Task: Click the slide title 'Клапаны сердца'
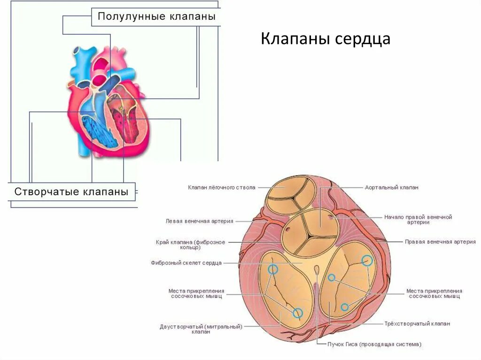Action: pos(326,39)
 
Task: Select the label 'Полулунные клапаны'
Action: pos(156,17)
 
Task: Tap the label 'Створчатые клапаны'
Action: pos(71,191)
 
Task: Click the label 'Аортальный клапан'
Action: pos(391,187)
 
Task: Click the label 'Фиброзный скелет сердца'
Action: pos(186,263)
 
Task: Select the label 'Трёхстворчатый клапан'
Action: pos(417,323)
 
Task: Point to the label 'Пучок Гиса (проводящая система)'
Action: pos(374,344)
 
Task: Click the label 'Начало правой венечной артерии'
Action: pos(418,220)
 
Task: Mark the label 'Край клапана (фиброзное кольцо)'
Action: pos(190,245)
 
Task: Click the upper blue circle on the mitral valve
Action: pos(273,269)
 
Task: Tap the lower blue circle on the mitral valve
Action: pos(297,313)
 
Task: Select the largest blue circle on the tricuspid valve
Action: pos(367,260)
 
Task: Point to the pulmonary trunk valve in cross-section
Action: pos(290,195)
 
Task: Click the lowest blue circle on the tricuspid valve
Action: pos(345,307)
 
